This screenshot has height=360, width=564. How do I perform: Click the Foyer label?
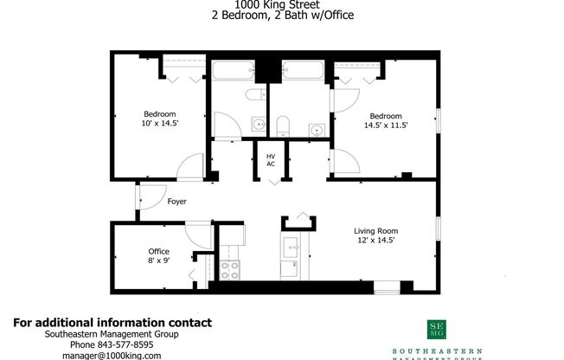[x=176, y=202]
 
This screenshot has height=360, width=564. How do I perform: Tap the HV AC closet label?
[x=271, y=160]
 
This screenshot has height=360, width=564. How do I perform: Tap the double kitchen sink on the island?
[x=292, y=246]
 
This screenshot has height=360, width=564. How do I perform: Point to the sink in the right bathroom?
[x=317, y=130]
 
